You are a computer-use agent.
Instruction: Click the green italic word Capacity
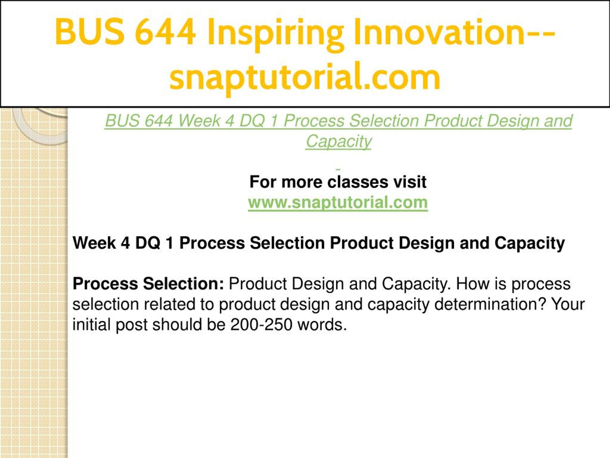(x=339, y=142)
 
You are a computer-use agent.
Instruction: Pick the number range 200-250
(x=261, y=324)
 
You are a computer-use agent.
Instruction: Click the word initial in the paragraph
(x=91, y=324)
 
